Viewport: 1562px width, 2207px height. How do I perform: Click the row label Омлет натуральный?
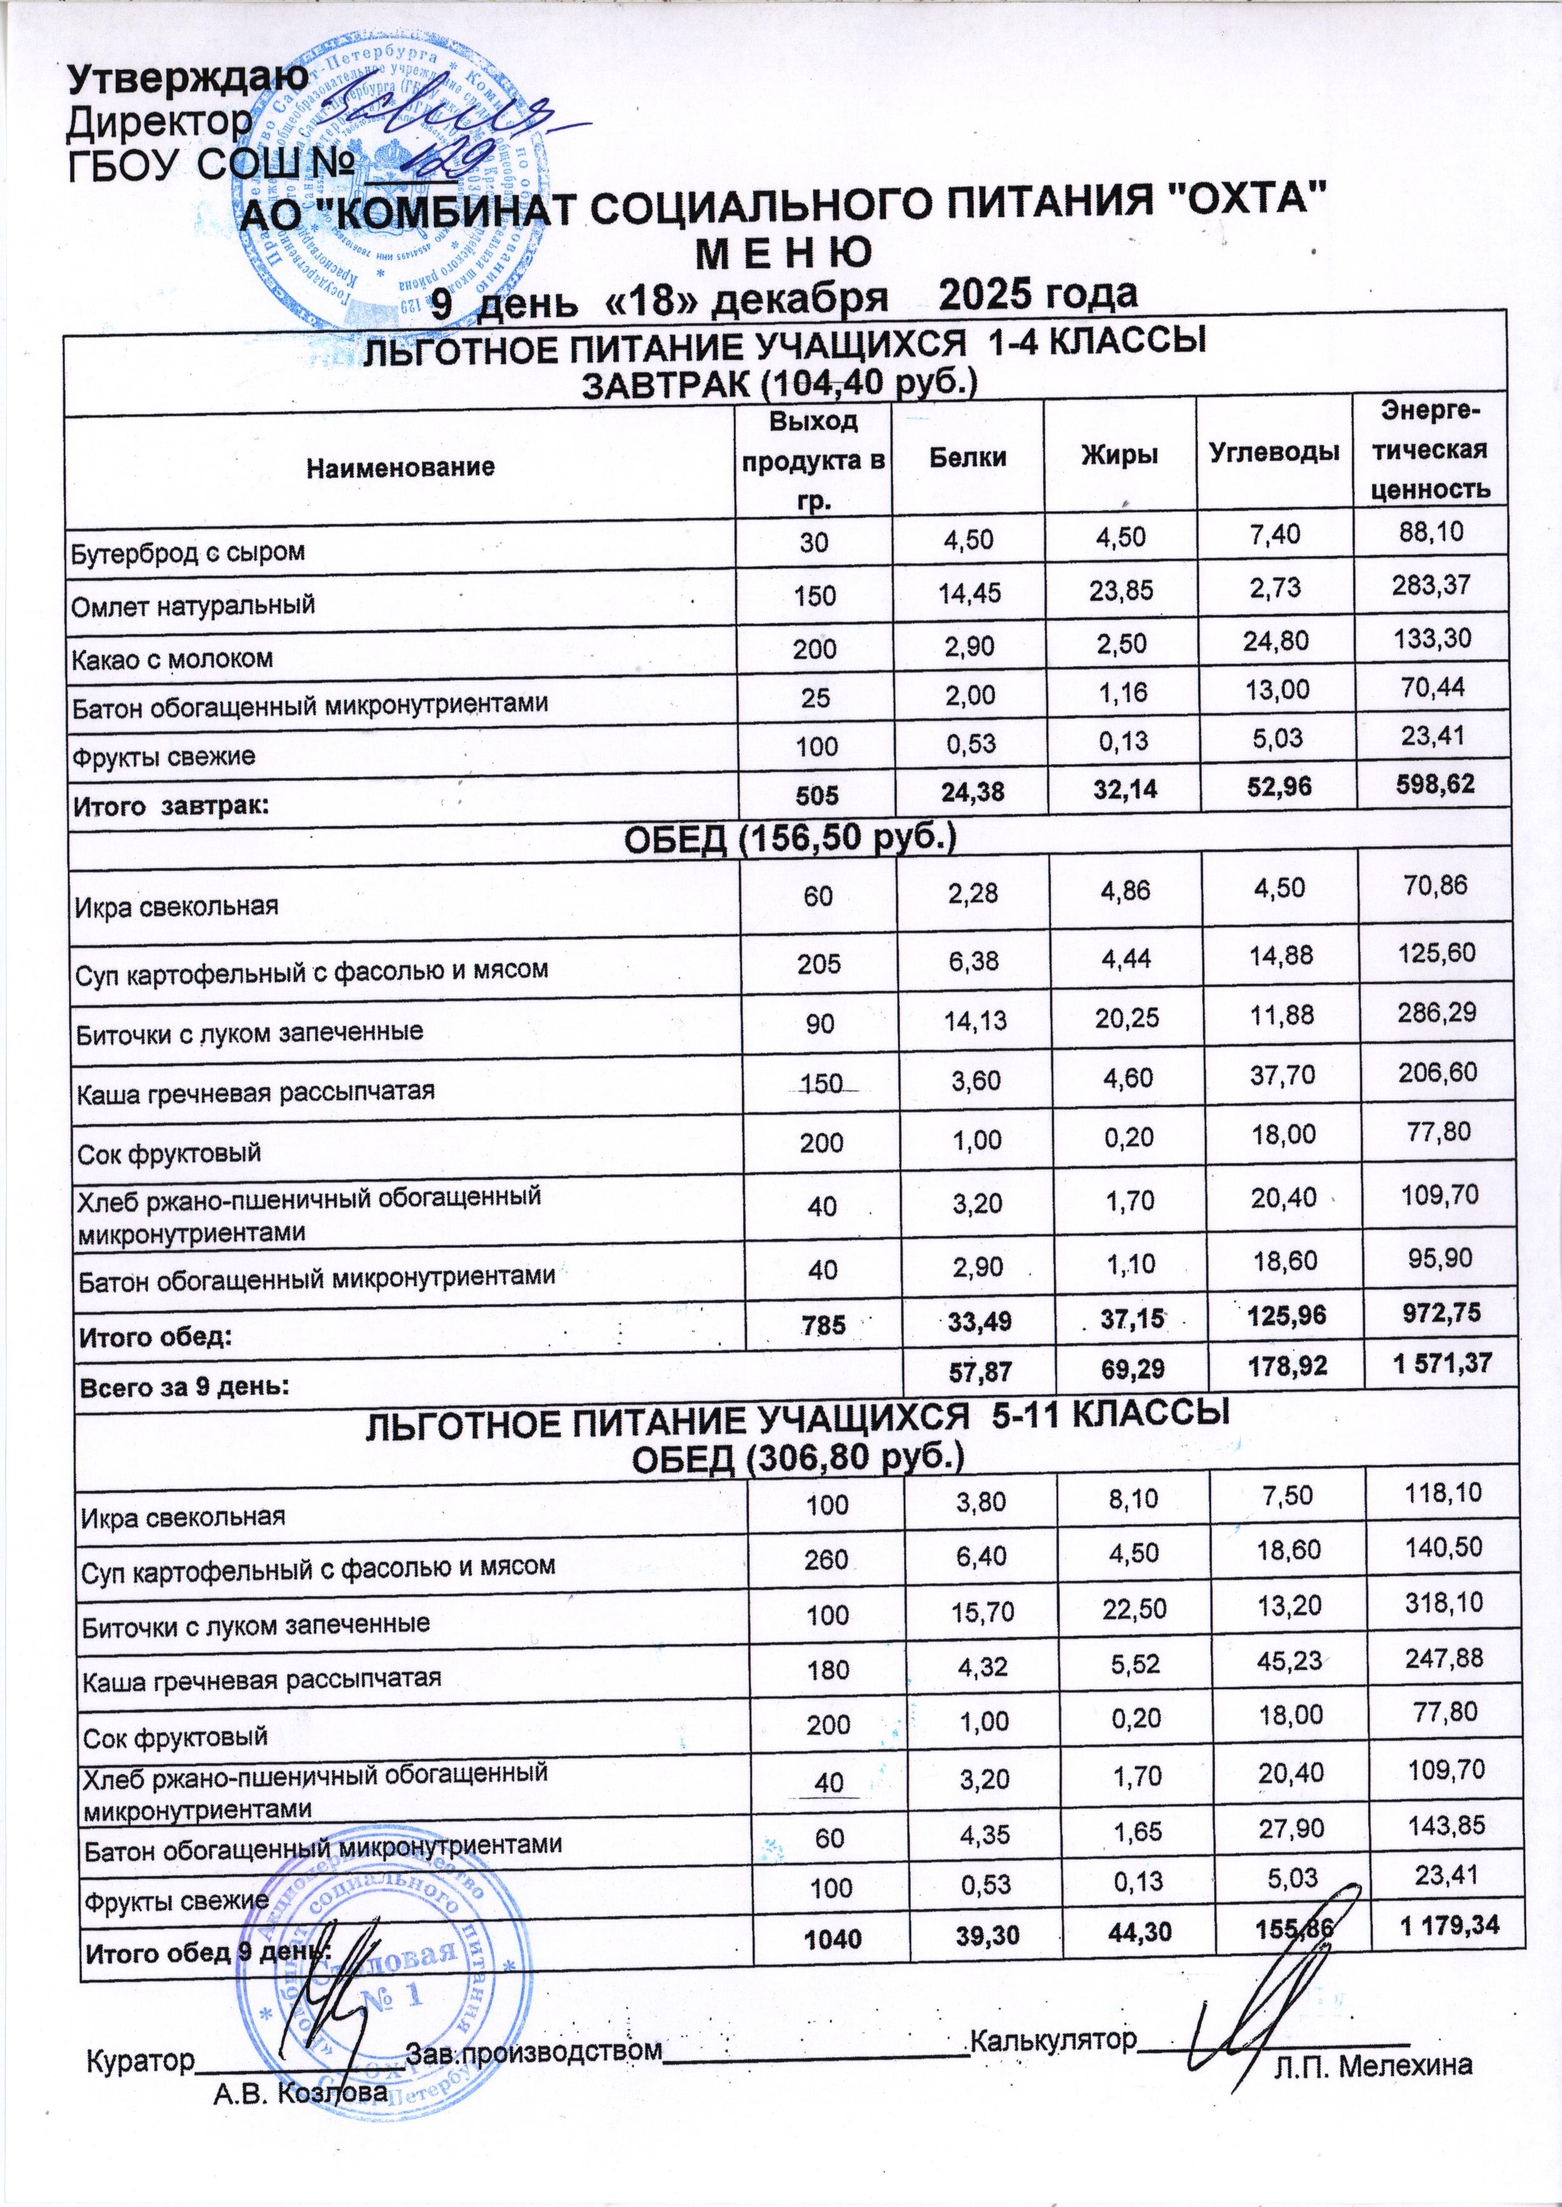click(x=193, y=605)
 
